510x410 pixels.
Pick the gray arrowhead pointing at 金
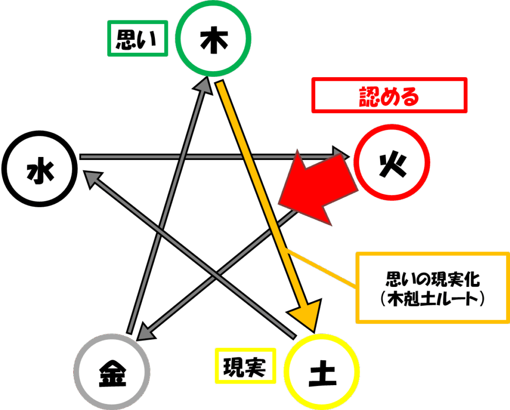click(146, 332)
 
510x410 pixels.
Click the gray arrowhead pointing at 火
click(341, 153)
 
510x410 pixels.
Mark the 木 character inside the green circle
click(214, 41)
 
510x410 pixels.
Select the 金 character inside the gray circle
click(112, 373)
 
